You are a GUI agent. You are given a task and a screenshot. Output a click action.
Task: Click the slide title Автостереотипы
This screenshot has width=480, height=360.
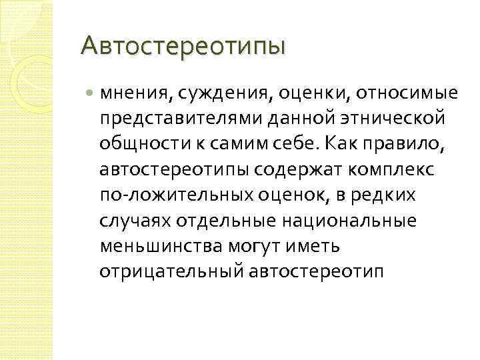click(182, 47)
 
